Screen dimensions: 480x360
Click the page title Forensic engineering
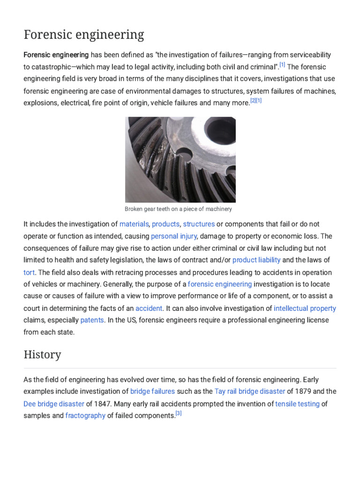(x=84, y=35)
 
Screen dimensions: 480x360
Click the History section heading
(x=42, y=354)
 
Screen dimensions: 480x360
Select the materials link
(x=134, y=224)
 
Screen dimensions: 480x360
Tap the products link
(x=165, y=224)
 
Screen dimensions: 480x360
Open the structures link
(x=199, y=224)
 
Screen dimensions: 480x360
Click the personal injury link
(x=173, y=236)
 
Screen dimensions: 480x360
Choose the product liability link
(x=256, y=260)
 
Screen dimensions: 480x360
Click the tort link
(x=29, y=272)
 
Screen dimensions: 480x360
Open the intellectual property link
(x=305, y=308)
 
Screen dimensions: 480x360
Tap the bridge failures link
(x=152, y=391)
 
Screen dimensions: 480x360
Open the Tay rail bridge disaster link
(x=249, y=391)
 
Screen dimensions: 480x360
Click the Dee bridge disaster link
(x=54, y=403)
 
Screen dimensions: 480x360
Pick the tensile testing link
(x=297, y=403)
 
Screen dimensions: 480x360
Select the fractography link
(x=85, y=415)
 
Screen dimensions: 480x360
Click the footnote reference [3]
(x=178, y=413)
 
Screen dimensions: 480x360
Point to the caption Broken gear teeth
(x=178, y=209)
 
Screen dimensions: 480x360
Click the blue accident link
(x=149, y=308)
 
